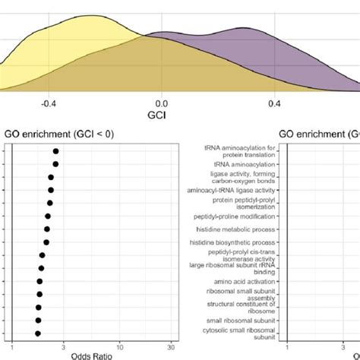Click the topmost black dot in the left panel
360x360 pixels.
tap(55, 151)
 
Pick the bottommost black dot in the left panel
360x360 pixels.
tap(37, 333)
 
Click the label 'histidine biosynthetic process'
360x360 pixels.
tap(235, 242)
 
